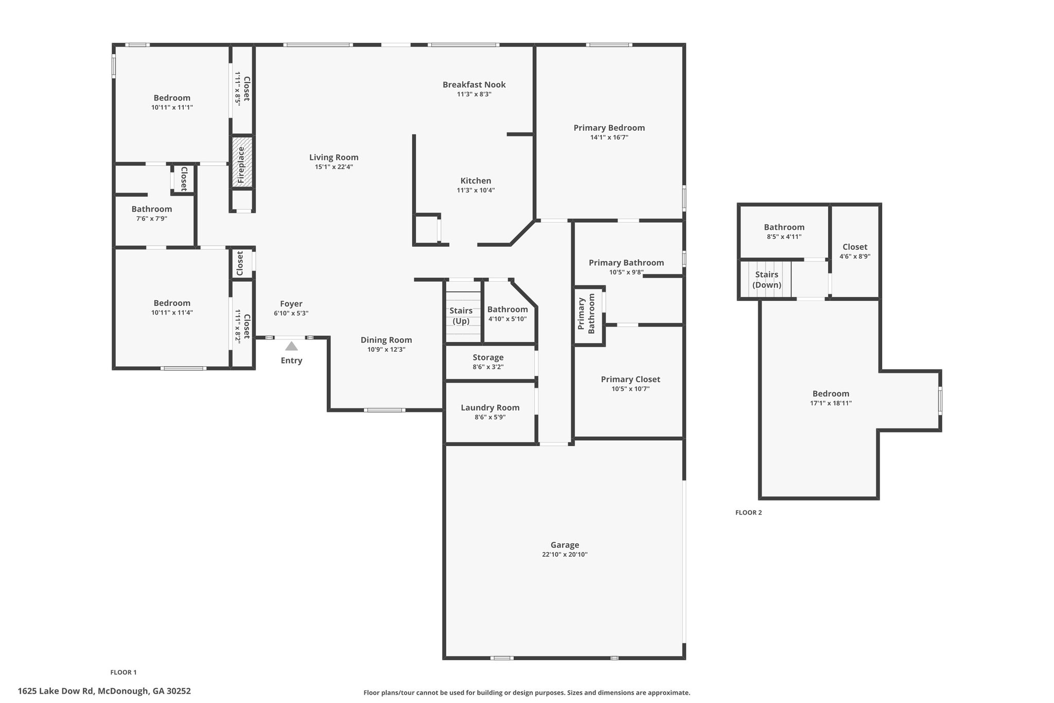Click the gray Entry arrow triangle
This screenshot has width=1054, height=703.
coord(291,346)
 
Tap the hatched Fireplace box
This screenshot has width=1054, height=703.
coord(242,161)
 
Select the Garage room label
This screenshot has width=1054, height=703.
coord(565,545)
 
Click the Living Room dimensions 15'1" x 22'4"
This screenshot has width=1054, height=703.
coord(334,167)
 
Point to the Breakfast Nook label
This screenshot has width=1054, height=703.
coord(474,84)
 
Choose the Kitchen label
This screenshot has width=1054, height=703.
coord(476,181)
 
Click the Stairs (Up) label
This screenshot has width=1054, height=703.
coord(461,316)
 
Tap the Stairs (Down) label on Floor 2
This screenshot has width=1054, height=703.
coord(767,280)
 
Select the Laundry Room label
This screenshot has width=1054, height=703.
coord(490,408)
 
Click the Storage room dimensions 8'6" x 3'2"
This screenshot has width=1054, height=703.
coord(488,367)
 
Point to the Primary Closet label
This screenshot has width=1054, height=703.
coord(630,380)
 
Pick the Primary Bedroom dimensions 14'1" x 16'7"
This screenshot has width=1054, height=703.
coord(609,138)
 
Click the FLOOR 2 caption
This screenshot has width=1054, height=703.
coord(748,512)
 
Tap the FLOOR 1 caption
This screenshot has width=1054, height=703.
coord(124,672)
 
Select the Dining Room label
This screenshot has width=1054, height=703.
coord(386,340)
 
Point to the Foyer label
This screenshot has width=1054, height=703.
coord(291,304)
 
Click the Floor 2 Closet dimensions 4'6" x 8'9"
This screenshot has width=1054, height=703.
coord(855,256)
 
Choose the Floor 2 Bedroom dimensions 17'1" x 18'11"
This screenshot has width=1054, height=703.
coord(831,403)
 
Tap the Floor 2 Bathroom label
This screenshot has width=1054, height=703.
coord(784,227)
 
